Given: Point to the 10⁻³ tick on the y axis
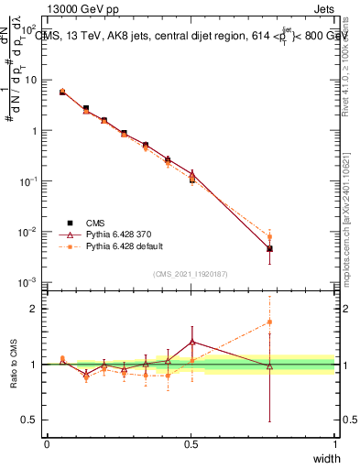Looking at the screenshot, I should click(29, 282).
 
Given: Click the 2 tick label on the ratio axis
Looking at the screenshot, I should click(36, 309).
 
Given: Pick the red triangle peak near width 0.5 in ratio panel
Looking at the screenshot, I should click(191, 342).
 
